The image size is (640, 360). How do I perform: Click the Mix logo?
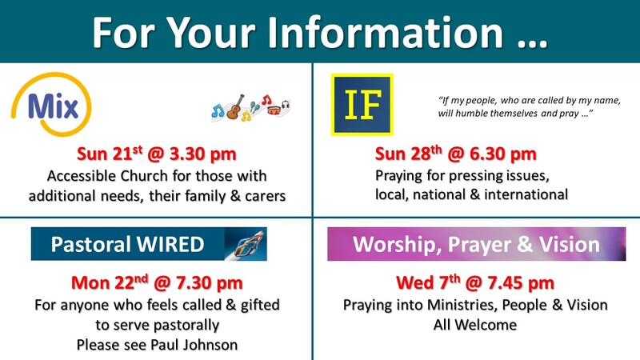coord(51,105)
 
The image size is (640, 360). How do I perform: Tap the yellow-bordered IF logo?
coord(362,105)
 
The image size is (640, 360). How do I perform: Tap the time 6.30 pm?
coord(503,154)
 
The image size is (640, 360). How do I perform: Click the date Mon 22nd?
coord(110,282)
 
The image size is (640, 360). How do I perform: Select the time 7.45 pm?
coord(521,282)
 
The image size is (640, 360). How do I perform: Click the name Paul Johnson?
coord(194,345)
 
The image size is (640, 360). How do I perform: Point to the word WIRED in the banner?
coord(170,245)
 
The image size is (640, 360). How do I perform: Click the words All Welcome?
coord(475,325)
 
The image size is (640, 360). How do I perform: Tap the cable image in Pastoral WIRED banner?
coord(246,244)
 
